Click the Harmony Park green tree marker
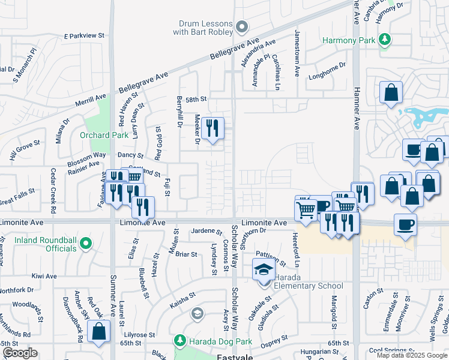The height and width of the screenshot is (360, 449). (x=385, y=40)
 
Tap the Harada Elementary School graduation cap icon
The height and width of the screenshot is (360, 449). (x=262, y=271)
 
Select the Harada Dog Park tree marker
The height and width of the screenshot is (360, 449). (x=180, y=341)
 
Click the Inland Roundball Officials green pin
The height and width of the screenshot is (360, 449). (x=86, y=244)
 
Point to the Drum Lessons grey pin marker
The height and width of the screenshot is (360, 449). (x=241, y=26)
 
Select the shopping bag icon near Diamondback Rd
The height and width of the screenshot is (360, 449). (x=99, y=331)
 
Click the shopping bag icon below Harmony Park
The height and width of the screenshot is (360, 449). (x=391, y=93)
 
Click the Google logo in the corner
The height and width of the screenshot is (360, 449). (x=19, y=353)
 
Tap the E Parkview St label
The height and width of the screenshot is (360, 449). (x=84, y=36)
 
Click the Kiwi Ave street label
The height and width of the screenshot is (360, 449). (x=44, y=276)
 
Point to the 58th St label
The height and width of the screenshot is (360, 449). (x=196, y=99)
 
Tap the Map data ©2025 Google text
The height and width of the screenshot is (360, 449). (x=412, y=355)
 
